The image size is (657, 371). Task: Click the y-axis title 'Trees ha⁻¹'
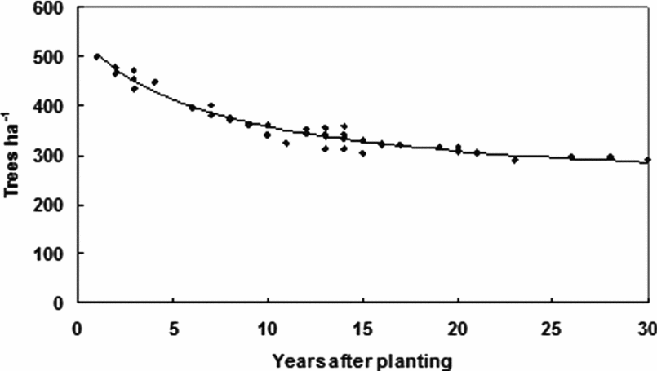(x=15, y=156)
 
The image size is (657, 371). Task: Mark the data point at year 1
(x=96, y=56)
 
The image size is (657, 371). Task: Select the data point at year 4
(x=153, y=82)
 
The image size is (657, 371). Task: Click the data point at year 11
(x=286, y=143)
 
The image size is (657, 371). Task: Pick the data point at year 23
(x=515, y=160)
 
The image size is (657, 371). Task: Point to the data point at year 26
(x=571, y=157)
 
